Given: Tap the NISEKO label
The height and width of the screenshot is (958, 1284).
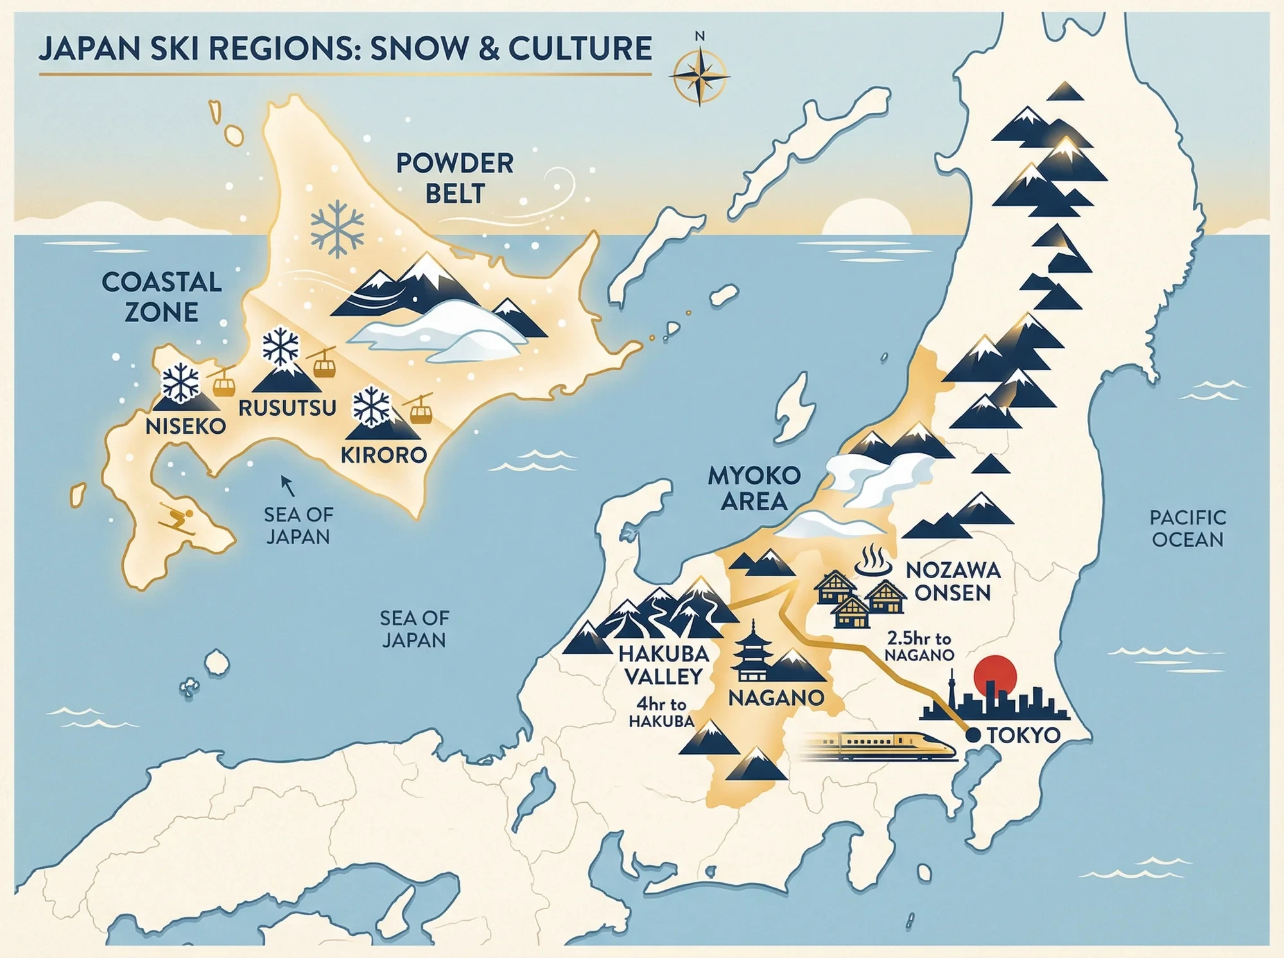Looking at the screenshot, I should pos(186,426).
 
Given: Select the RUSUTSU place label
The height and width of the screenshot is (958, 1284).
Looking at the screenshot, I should pos(287,408).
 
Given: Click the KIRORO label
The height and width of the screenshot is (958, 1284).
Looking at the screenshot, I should pos(384,455).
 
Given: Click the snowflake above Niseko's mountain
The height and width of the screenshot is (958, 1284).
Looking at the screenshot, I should pos(181,382).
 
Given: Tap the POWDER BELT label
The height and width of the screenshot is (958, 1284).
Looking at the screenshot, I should pos(455,178).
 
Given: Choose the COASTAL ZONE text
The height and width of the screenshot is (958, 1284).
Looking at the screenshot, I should pos(161,297).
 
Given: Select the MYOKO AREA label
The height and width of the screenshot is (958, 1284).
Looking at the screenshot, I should pos(754,488).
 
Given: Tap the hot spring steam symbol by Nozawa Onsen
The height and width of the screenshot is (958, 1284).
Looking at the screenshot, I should pos(873,561).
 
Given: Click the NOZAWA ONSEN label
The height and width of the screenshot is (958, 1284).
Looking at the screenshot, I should pos(953,581).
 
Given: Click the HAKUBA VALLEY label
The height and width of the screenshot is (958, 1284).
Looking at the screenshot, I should pos(663,665).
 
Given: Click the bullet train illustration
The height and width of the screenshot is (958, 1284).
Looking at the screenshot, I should pos(880,745).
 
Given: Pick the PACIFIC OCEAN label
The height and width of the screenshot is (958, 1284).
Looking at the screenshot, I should pos(1188,528).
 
